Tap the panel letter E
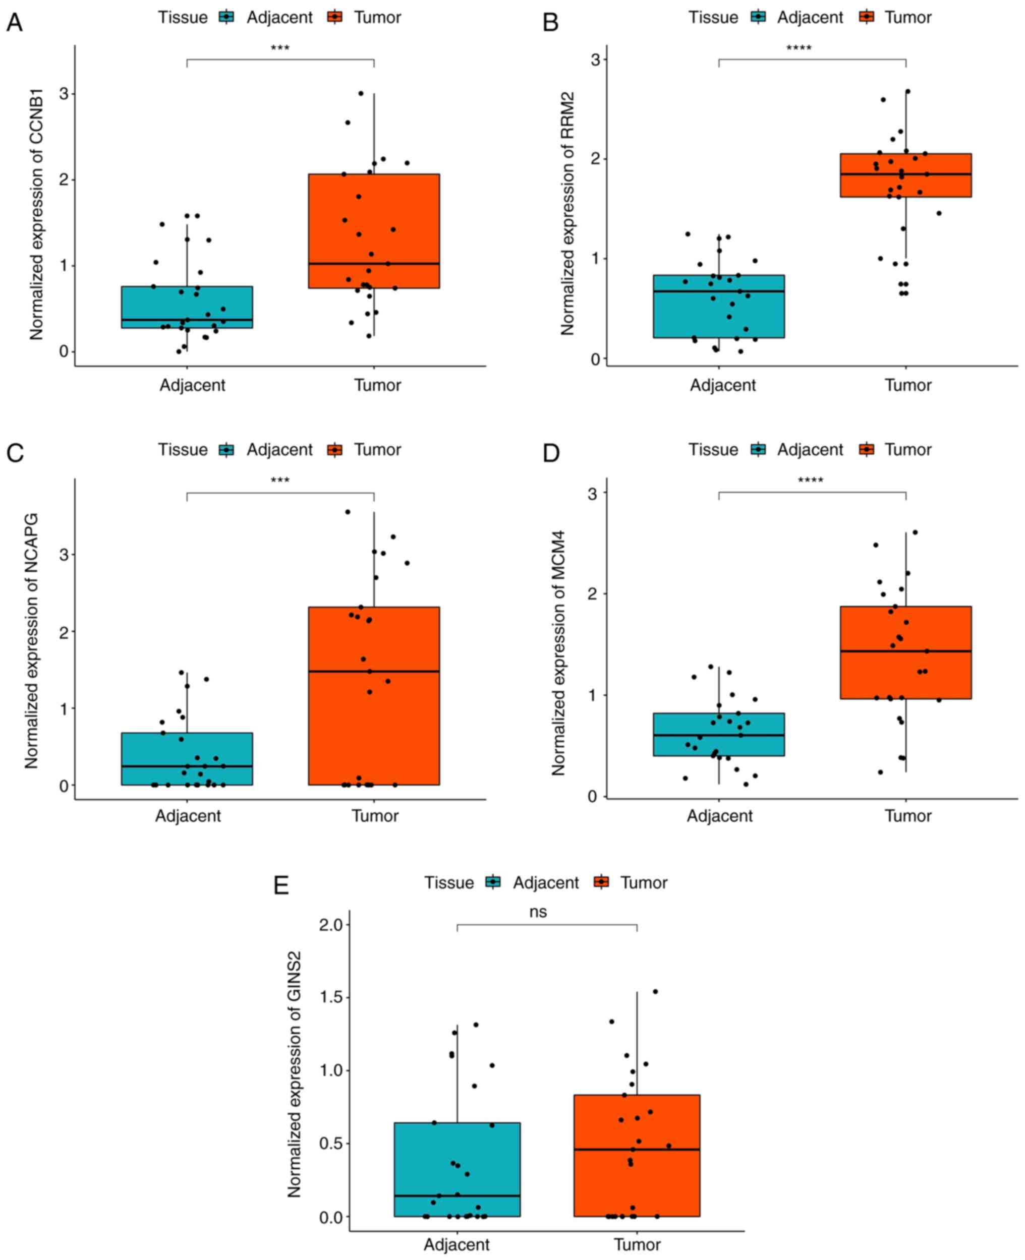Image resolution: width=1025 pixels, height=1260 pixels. click(x=281, y=886)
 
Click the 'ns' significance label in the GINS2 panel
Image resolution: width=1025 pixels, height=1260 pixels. click(x=538, y=912)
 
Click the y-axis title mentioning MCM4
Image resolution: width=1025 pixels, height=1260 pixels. click(x=558, y=652)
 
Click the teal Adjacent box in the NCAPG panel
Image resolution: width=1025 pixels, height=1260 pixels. click(x=187, y=758)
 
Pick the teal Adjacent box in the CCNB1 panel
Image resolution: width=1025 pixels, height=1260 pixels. click(x=187, y=307)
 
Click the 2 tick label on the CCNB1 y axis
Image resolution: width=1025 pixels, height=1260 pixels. click(x=63, y=180)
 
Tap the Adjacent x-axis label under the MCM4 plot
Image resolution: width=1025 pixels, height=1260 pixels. click(x=719, y=816)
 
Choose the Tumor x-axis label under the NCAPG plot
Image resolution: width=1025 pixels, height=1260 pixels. click(x=375, y=816)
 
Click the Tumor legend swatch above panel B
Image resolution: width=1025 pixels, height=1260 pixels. click(x=867, y=17)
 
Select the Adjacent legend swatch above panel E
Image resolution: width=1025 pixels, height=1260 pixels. click(x=492, y=882)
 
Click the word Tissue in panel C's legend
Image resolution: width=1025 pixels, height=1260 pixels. click(x=183, y=450)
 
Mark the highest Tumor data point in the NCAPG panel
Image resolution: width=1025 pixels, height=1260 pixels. click(x=348, y=512)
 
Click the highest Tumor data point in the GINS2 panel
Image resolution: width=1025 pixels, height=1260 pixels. click(x=655, y=991)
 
